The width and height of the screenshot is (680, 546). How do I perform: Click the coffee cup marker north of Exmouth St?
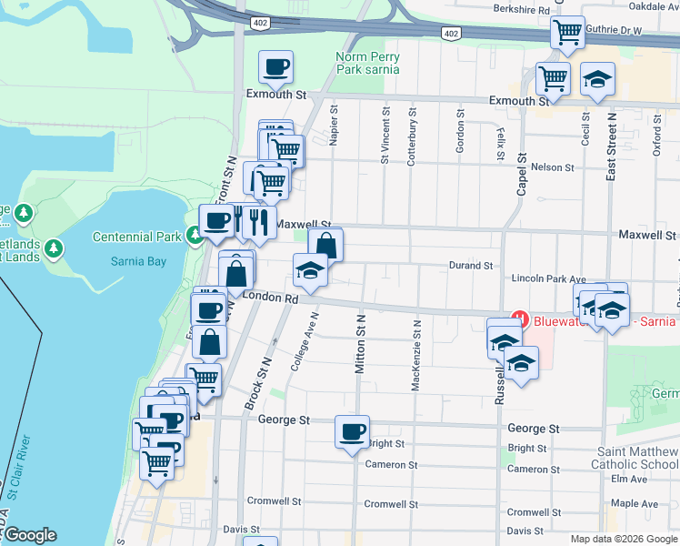point(276,67)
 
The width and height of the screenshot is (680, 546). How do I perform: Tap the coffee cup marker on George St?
point(352,433)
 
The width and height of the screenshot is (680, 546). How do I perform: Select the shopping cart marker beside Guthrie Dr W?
point(567,33)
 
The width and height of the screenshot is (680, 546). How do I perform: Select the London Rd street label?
point(277,298)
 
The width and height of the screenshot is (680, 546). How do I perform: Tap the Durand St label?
point(470,266)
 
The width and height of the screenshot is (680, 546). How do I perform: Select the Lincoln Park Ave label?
point(550,278)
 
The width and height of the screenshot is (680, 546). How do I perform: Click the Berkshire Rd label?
point(523,9)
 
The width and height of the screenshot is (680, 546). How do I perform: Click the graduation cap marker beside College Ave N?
point(310,270)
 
